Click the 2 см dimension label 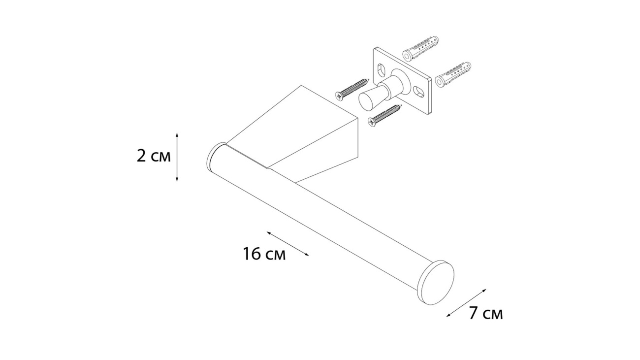pos(154,156)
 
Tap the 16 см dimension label pos(264,254)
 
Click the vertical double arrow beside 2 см pos(177,157)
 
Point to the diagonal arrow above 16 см pos(288,244)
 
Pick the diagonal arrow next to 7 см pos(466,307)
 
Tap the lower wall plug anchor pos(453,74)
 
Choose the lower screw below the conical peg pos(385,116)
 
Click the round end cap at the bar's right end pos(435,282)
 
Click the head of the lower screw pos(371,123)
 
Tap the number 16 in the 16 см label pos(252,254)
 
